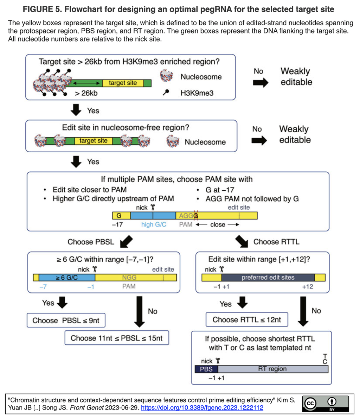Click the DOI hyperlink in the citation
coord(202,407)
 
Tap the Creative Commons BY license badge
coord(326,404)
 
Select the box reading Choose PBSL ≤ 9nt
coord(66,320)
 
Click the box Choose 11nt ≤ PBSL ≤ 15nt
coord(117,338)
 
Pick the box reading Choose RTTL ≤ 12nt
coord(247,319)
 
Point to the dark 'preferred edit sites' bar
coord(268,277)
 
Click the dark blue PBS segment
coord(206,369)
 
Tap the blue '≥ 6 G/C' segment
coord(67,277)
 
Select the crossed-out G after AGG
coord(196,215)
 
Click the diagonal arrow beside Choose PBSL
coord(126,242)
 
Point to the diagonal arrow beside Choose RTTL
coord(242,242)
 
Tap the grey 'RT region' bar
coord(273,369)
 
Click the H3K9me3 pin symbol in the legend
coord(166,93)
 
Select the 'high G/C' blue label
coord(154,225)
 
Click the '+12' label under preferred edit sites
coord(307,287)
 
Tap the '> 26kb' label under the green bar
coord(86,93)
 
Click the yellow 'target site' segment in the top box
coord(123,83)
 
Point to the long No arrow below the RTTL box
coord(303,311)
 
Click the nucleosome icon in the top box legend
coord(166,76)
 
